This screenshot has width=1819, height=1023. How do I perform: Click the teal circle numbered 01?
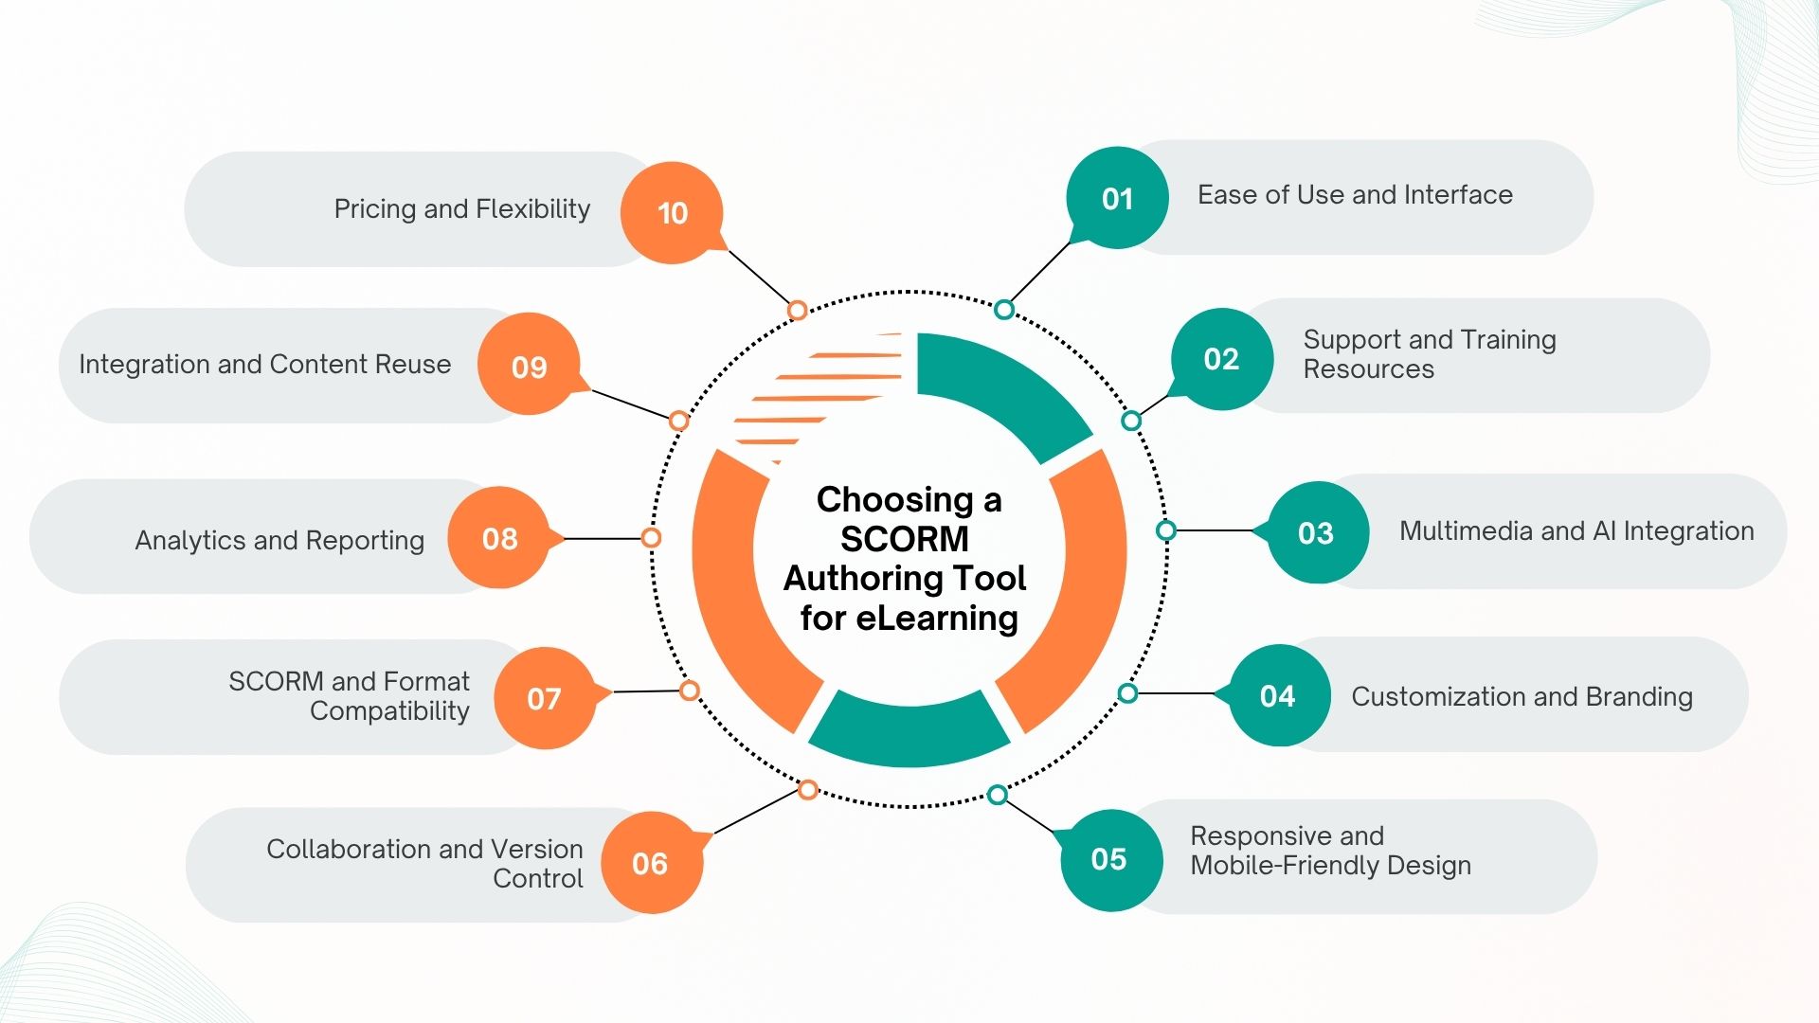tap(1117, 198)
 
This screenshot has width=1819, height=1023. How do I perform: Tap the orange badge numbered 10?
tap(672, 213)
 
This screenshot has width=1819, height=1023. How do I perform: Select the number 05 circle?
tap(1109, 859)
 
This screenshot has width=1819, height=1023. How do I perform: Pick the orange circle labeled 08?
tap(499, 538)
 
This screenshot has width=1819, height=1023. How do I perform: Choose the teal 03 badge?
tap(1317, 532)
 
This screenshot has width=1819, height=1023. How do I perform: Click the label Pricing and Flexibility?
tap(461, 208)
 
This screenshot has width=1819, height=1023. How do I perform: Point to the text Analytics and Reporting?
tap(279, 540)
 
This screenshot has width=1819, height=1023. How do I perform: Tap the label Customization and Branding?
tap(1522, 696)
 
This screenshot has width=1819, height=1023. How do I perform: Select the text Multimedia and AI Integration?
tap(1576, 530)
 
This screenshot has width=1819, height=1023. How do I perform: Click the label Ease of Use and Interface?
tap(1355, 194)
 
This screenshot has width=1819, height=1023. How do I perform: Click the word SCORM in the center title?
tap(904, 539)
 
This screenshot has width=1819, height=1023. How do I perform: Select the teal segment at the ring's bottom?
tap(909, 734)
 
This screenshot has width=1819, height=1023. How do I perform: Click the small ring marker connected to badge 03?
tap(1166, 530)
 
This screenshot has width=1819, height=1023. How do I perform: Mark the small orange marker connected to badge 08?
tap(651, 538)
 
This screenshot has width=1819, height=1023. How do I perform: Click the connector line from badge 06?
tap(755, 813)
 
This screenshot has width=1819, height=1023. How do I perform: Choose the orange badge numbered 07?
tap(545, 698)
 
